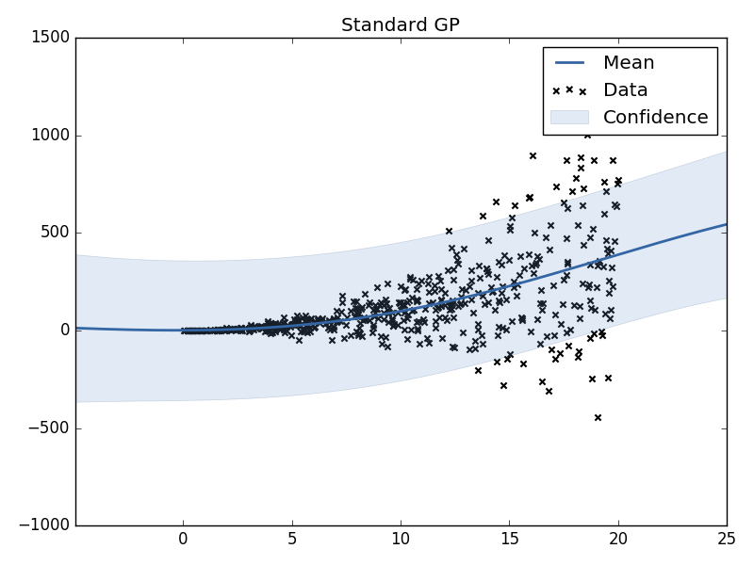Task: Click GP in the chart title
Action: [443, 25]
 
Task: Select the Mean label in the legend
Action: [629, 63]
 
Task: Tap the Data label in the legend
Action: [625, 90]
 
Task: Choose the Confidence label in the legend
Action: [655, 118]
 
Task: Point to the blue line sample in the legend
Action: [569, 63]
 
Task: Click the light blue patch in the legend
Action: [569, 117]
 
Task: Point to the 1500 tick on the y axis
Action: [49, 38]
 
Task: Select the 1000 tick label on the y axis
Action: [49, 136]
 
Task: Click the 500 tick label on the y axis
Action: [54, 233]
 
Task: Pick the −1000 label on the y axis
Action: [44, 525]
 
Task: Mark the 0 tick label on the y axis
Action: [63, 331]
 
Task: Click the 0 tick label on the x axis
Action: [184, 540]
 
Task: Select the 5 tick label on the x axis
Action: [292, 540]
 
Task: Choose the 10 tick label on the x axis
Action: [401, 540]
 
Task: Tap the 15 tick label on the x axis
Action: [510, 540]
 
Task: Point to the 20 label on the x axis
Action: [618, 540]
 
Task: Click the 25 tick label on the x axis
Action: [727, 540]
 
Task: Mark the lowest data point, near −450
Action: [598, 417]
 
